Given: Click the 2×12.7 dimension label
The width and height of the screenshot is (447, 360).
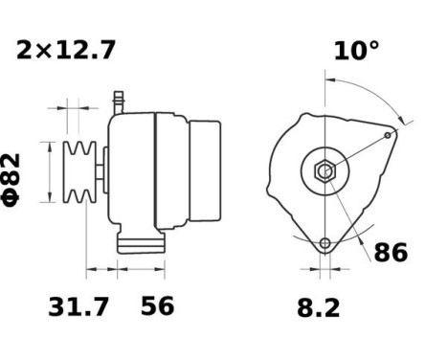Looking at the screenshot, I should tap(66, 51).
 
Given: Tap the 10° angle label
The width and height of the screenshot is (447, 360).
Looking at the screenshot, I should tap(355, 51).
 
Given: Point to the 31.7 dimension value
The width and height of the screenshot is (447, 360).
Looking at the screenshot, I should tap(78, 307).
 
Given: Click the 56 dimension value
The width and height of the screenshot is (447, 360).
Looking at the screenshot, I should tap(158, 307).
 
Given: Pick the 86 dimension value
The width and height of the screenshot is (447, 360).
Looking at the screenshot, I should tap(390, 253).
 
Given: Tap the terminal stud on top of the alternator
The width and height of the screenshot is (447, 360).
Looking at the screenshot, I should tap(120, 99).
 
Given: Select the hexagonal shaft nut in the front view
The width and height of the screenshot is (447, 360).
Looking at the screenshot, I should tap(324, 172).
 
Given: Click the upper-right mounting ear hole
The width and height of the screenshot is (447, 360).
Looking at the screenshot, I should tap(388, 136).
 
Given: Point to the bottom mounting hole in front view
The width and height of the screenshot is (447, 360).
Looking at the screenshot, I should tap(325, 241).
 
